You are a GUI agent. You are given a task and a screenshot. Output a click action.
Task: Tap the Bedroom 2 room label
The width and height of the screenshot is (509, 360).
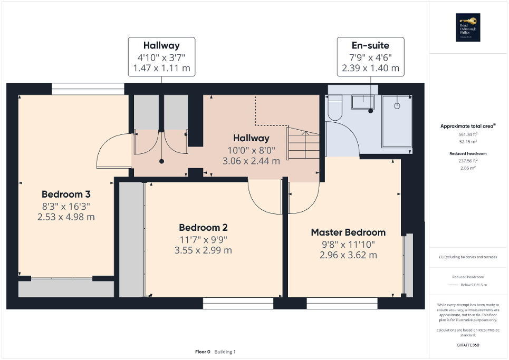[x=203, y=228]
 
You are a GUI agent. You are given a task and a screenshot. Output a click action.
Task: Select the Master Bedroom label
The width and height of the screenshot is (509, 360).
[x=348, y=232]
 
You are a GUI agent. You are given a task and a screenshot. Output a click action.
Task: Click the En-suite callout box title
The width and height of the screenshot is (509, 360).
[x=370, y=46]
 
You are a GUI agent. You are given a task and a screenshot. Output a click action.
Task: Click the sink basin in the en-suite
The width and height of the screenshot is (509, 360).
[x=363, y=102]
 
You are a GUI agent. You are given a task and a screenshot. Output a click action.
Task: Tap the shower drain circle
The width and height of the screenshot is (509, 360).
[x=397, y=105]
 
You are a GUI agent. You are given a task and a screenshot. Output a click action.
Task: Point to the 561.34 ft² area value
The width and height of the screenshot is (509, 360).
[x=468, y=134]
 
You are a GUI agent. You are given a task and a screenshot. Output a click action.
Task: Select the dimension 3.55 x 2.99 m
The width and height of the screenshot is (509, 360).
[x=203, y=250]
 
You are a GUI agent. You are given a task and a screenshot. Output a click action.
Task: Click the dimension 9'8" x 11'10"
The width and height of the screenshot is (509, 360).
[x=348, y=245]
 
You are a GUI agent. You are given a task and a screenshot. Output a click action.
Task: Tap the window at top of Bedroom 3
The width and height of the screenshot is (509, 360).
[x=88, y=89]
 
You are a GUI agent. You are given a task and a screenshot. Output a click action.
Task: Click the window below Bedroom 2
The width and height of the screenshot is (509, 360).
[x=238, y=303]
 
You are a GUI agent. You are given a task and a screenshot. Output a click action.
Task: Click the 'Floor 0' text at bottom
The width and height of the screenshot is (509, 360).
[x=203, y=352]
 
